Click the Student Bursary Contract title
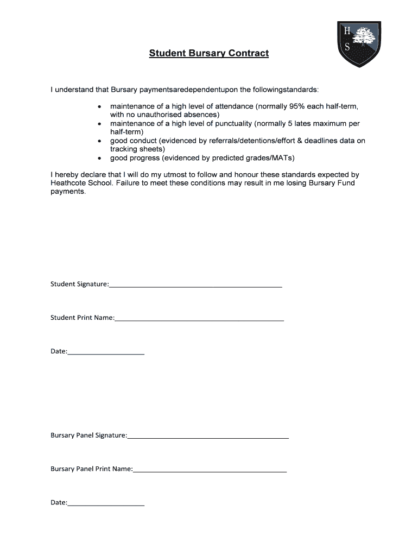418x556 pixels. pos(209,53)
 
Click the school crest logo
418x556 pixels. pos(359,44)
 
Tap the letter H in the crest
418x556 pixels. pos(347,31)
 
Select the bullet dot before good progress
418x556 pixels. pos(99,158)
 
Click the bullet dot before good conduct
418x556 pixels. pos(99,141)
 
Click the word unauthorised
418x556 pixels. pos(154,115)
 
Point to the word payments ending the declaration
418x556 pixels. pos(68,192)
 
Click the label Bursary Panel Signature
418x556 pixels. pos(88,435)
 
